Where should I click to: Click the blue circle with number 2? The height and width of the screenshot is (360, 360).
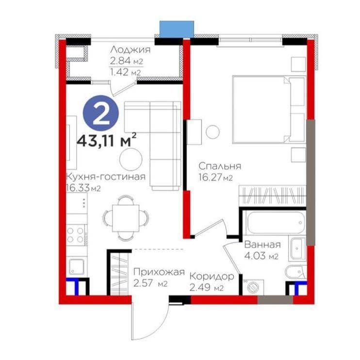pos(101,114)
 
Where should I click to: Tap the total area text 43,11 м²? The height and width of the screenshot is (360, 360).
pos(107,140)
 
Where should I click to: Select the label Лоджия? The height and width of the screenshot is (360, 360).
pos(130,49)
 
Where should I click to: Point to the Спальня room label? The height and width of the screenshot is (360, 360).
pos(220,166)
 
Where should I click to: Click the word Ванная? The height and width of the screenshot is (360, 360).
pos(262,245)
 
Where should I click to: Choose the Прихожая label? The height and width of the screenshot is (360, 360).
pos(159,272)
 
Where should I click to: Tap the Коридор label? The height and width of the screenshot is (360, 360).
pos(212,277)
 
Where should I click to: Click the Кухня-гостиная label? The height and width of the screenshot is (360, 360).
pos(106,177)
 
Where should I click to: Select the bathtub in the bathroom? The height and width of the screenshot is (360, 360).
pos(274,222)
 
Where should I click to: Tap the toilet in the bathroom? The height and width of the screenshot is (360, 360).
pos(295,273)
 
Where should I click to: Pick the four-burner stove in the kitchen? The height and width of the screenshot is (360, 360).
pos(76,235)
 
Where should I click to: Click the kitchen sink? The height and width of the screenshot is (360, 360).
pos(77,267)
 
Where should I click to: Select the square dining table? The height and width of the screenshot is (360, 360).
pos(126,218)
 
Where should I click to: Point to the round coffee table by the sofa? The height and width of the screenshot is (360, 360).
pos(131,159)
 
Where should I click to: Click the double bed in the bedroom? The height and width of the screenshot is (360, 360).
pos(269,110)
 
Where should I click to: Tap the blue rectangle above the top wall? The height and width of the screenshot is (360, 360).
pos(177,29)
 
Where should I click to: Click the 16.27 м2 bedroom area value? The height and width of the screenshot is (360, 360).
pos(215,178)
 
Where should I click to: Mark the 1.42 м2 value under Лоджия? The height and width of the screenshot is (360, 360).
pos(125,72)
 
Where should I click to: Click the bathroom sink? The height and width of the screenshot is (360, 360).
pos(298,249)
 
